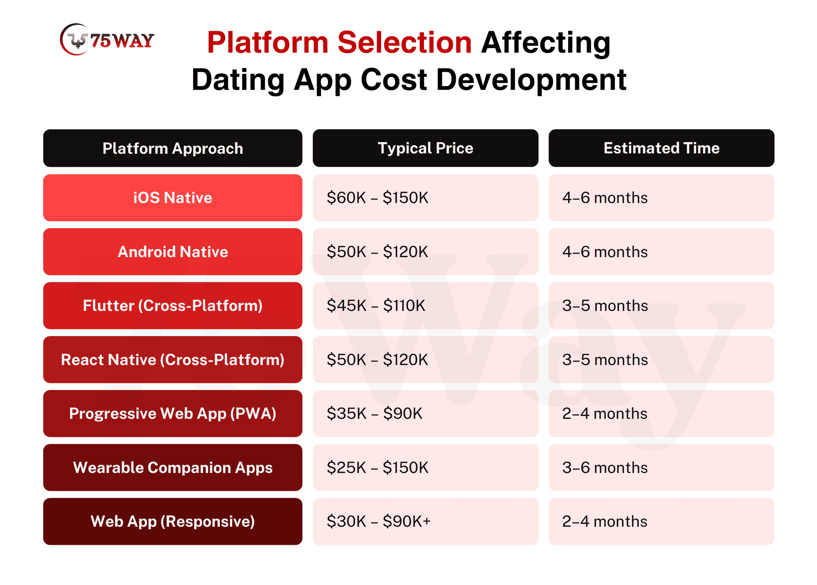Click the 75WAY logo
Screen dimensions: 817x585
tap(107, 39)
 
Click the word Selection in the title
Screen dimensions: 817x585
tap(404, 42)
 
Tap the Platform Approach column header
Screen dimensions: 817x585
tap(173, 148)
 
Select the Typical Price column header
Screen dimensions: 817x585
tap(425, 148)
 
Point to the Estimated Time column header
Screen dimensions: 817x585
tap(662, 148)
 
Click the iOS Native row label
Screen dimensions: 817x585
tap(173, 198)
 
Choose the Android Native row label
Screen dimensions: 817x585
tap(173, 252)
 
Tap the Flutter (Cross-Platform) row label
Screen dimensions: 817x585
tap(173, 306)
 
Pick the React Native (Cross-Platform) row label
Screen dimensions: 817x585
tap(173, 359)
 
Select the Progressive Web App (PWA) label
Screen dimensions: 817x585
tap(173, 414)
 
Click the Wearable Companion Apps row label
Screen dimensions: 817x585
tap(173, 467)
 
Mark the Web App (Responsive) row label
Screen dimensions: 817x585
tap(173, 521)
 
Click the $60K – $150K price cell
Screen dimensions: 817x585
tap(425, 198)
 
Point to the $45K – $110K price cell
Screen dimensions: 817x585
tap(425, 306)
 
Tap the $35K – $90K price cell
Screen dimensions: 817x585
tap(425, 414)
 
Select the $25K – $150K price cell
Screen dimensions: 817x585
tap(425, 467)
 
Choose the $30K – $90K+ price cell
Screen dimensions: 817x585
tap(425, 521)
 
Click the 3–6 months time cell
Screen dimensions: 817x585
tap(662, 467)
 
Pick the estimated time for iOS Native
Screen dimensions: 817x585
tap(662, 198)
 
